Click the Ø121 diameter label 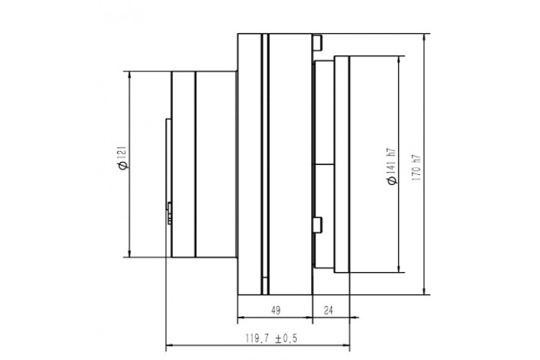click(122, 158)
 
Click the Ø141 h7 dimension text click(392, 167)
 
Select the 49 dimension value click(276, 310)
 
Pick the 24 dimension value click(328, 310)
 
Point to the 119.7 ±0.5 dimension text click(271, 338)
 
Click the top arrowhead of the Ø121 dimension click(130, 75)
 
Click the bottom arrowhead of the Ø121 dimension click(130, 253)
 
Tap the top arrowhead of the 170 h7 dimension click(424, 37)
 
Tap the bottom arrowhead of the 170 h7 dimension click(424, 291)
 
